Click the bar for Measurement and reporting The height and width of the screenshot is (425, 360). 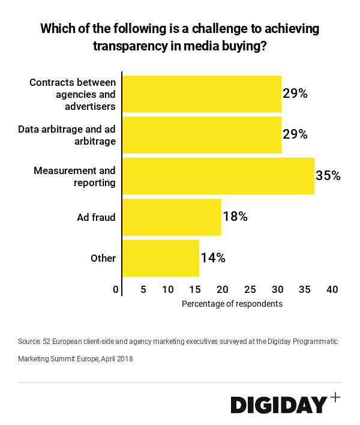tap(218, 176)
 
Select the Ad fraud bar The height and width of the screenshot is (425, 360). tap(172, 217)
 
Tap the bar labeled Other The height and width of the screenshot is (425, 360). tap(161, 258)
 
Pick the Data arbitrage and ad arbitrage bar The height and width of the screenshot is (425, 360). tap(202, 134)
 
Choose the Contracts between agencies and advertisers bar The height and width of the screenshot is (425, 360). tap(202, 94)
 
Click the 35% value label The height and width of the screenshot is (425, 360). tap(328, 176)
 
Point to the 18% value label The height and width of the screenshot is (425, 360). tap(235, 217)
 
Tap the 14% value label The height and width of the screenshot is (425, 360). tap(213, 258)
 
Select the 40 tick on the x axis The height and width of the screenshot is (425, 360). tap(332, 289)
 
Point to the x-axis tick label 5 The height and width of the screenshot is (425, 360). tap(143, 289)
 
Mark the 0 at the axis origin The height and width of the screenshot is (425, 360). tap(116, 289)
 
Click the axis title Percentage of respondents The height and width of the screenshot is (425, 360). tap(232, 304)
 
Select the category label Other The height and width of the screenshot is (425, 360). tap(103, 258)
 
